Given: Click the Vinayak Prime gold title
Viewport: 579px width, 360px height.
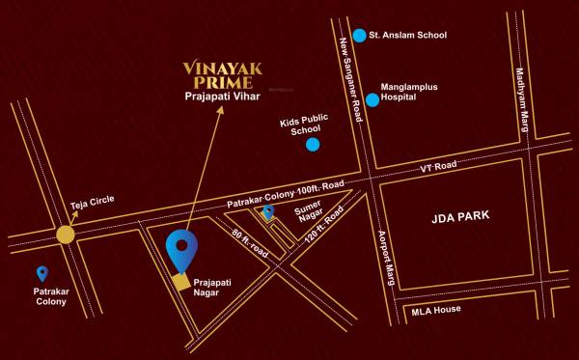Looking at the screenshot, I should [227, 74].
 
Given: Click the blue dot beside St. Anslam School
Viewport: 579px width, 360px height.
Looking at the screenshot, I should [360, 36].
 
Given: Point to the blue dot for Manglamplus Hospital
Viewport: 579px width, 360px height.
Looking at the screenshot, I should [372, 99].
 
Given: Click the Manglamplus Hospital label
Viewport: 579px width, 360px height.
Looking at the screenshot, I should [409, 92].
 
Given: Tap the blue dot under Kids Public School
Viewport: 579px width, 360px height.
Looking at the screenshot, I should [313, 145].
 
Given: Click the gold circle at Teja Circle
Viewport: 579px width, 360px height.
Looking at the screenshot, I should [65, 234].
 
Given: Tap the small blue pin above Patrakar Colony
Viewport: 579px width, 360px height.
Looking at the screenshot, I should [42, 274].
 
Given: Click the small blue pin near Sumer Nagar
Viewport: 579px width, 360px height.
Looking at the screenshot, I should [268, 211].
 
